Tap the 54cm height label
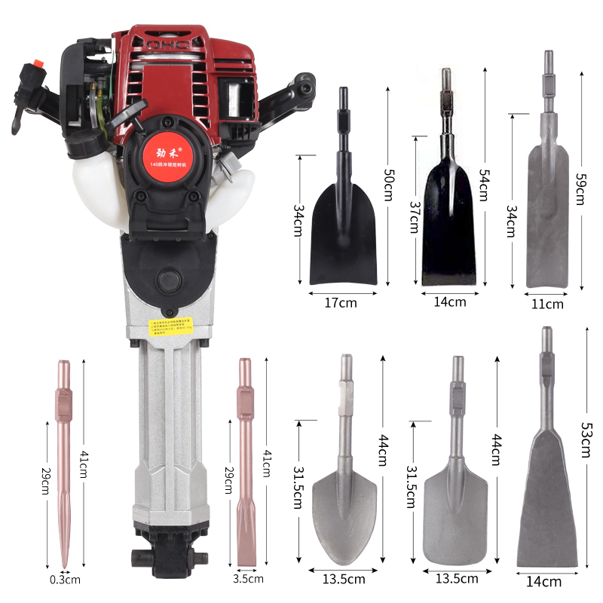(x=485, y=183)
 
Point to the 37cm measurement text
(x=414, y=216)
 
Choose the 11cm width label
(x=548, y=305)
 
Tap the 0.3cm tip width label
(x=65, y=580)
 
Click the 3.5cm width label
(x=249, y=579)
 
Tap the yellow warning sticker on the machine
(x=169, y=328)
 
